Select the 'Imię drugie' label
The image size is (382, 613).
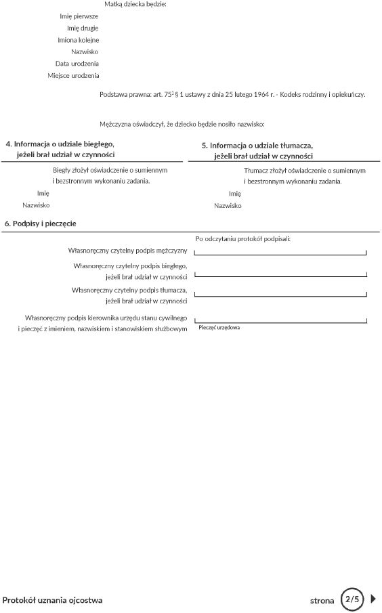pos(82,28)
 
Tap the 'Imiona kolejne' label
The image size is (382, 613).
pos(78,40)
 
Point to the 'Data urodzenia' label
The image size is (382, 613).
pos(77,64)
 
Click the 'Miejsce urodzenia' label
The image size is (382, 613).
pos(73,75)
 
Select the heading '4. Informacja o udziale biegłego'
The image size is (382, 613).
pos(60,144)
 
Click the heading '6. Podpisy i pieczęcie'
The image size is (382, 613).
pos(40,223)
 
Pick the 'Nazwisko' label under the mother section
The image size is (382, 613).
pos(85,51)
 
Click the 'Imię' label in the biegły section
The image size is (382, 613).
pos(43,193)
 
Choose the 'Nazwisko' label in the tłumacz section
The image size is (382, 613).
pos(228,205)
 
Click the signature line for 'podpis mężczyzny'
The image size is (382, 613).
pos(280,254)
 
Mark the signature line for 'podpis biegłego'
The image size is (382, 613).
pos(280,276)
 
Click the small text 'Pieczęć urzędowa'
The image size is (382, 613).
pos(219,327)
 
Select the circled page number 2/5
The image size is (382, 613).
pos(352,599)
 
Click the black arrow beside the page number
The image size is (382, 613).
pos(373,599)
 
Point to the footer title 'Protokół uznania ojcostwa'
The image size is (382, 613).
pos(53,600)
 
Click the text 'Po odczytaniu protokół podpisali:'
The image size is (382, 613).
pos(242,238)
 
